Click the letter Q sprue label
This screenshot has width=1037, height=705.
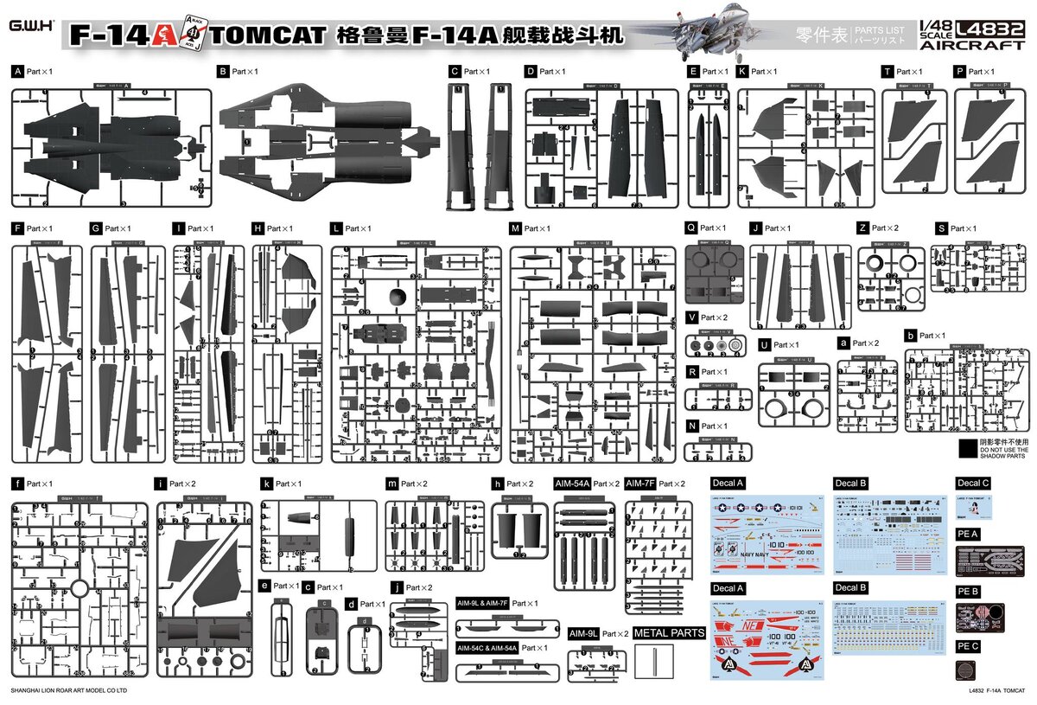click(690, 228)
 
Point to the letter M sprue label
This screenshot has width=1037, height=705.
click(515, 228)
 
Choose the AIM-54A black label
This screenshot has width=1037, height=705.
click(572, 484)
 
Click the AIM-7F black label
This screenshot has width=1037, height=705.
click(643, 484)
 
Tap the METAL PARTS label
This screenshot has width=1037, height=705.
click(670, 633)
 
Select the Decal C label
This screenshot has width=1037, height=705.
click(973, 483)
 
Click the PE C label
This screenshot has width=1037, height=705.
click(967, 646)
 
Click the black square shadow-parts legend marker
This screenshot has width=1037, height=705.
click(967, 448)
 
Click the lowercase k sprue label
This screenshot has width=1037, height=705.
click(266, 484)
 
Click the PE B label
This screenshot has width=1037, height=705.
click(967, 591)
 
